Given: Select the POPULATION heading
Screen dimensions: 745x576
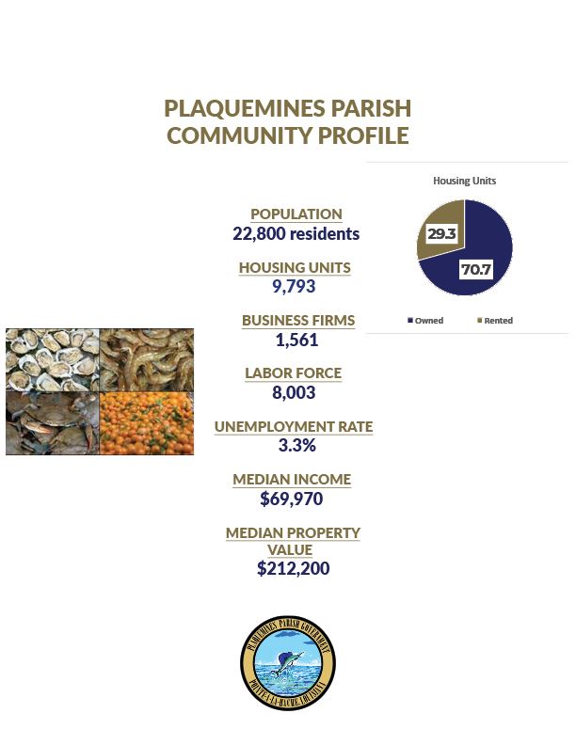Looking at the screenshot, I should pyautogui.click(x=296, y=214).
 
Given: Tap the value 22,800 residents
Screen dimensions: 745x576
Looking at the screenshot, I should pyautogui.click(x=296, y=234).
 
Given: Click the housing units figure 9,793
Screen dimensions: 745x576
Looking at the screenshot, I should pyautogui.click(x=295, y=287).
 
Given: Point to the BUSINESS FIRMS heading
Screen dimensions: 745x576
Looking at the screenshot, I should pyautogui.click(x=298, y=321).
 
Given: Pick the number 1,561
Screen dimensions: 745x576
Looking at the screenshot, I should pyautogui.click(x=296, y=341).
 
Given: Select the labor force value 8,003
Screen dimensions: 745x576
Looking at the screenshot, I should pyautogui.click(x=294, y=393).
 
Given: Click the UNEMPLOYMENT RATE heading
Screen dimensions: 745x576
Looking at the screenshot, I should pyautogui.click(x=294, y=427).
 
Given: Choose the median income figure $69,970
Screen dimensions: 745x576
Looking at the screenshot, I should pyautogui.click(x=292, y=499).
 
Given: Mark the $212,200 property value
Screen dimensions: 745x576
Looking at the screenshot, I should pyautogui.click(x=293, y=568).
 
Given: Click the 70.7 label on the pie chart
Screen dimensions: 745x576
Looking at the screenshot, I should pyautogui.click(x=475, y=270).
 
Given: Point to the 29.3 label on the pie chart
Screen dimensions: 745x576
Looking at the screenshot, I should pyautogui.click(x=441, y=233).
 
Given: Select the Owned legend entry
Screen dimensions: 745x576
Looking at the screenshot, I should pyautogui.click(x=425, y=321).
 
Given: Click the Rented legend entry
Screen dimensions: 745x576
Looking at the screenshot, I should pyautogui.click(x=495, y=321).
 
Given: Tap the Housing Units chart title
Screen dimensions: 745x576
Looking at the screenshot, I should pyautogui.click(x=464, y=181).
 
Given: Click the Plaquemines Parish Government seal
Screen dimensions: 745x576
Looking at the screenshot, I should pyautogui.click(x=287, y=663).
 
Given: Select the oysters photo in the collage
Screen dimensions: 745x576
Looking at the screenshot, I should pyautogui.click(x=52, y=359).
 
